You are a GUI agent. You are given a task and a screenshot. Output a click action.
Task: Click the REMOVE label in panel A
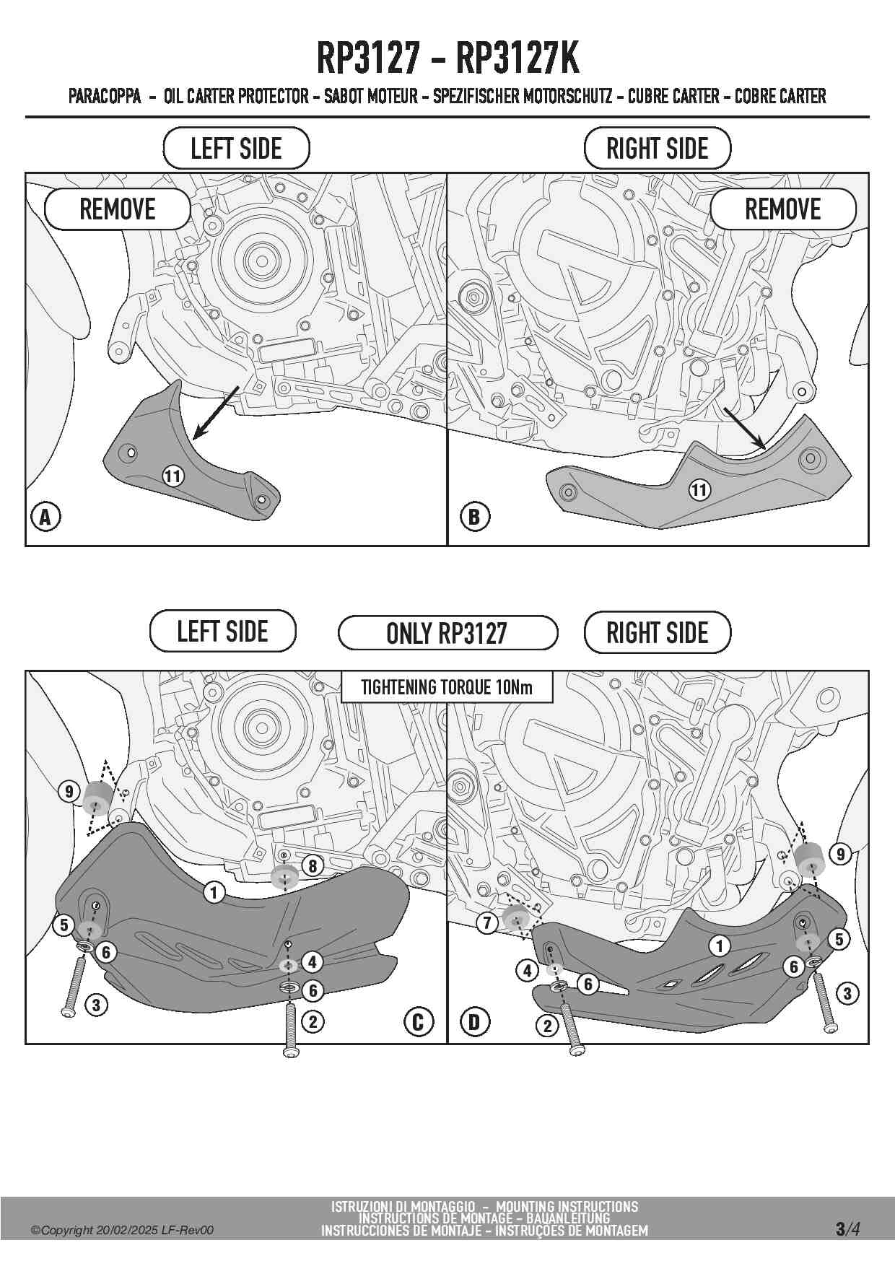(x=118, y=209)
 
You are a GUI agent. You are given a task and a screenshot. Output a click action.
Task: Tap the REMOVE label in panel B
(x=783, y=209)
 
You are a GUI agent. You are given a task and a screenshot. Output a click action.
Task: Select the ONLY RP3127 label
(x=447, y=633)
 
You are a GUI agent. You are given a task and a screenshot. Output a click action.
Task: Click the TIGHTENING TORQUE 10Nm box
(x=447, y=687)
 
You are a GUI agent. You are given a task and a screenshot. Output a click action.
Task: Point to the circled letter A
(x=45, y=517)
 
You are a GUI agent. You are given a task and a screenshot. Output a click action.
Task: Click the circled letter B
(x=474, y=517)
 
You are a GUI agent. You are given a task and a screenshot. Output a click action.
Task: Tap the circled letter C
(x=419, y=1022)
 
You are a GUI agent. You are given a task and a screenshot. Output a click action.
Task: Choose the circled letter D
(x=474, y=1022)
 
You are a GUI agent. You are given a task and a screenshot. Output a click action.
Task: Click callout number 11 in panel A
(x=173, y=476)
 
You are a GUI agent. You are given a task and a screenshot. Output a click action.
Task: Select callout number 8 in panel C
(x=313, y=865)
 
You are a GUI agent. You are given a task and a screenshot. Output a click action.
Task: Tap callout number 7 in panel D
(x=487, y=922)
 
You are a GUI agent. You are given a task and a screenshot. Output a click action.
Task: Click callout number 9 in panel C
(x=69, y=792)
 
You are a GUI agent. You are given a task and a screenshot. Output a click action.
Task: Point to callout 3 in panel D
(x=847, y=994)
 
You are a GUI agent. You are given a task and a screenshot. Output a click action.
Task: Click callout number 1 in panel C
(x=214, y=893)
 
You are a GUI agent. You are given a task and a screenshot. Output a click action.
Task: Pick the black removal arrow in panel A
(x=216, y=413)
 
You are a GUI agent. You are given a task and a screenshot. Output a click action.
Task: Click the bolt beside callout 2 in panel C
(x=291, y=1030)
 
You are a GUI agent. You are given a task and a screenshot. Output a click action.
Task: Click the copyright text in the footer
(x=122, y=1231)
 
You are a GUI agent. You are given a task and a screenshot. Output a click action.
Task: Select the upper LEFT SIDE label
(x=236, y=149)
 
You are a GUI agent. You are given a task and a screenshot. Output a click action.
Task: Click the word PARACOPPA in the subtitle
(x=105, y=96)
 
